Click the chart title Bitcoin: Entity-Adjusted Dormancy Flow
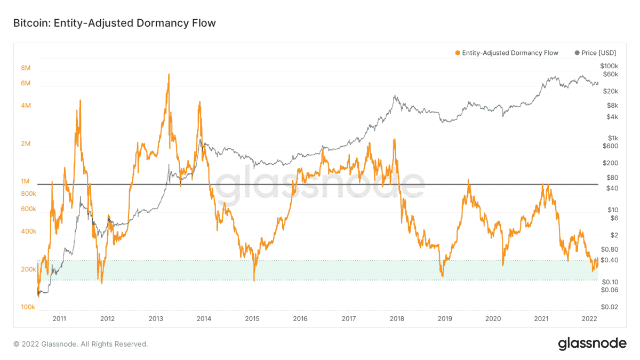tap(114, 23)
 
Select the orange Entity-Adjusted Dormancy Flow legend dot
tap(457, 53)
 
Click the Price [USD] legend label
tap(598, 53)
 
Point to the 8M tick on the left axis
tap(26, 68)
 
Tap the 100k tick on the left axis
tap(27, 307)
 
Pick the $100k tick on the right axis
tap(609, 65)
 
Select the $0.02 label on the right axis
tap(609, 307)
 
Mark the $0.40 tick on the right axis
tap(609, 260)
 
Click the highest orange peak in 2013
tap(169, 75)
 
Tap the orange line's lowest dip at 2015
tap(254, 280)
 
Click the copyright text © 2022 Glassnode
tap(81, 344)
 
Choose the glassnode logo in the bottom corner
tap(592, 344)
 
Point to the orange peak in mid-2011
tap(80, 100)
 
